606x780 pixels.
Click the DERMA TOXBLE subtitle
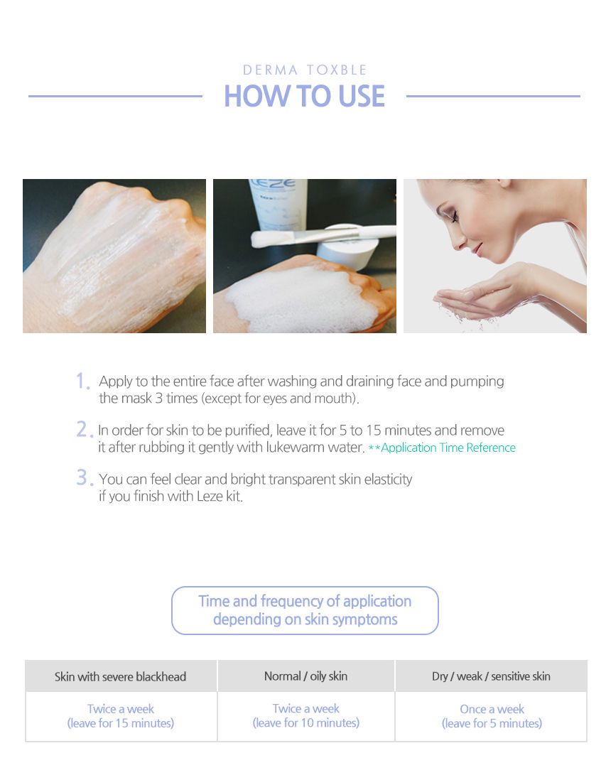point(305,70)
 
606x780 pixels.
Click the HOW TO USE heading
point(305,96)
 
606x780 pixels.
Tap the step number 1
point(82,381)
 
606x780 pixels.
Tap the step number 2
point(84,429)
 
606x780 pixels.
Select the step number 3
point(84,477)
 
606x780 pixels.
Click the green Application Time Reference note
point(442,448)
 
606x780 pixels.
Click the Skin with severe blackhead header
point(120,676)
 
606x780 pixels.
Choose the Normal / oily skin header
point(306,676)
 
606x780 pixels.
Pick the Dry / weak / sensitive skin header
point(491,676)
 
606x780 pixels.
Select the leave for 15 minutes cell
point(121,716)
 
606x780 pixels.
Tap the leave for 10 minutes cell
point(306,716)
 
